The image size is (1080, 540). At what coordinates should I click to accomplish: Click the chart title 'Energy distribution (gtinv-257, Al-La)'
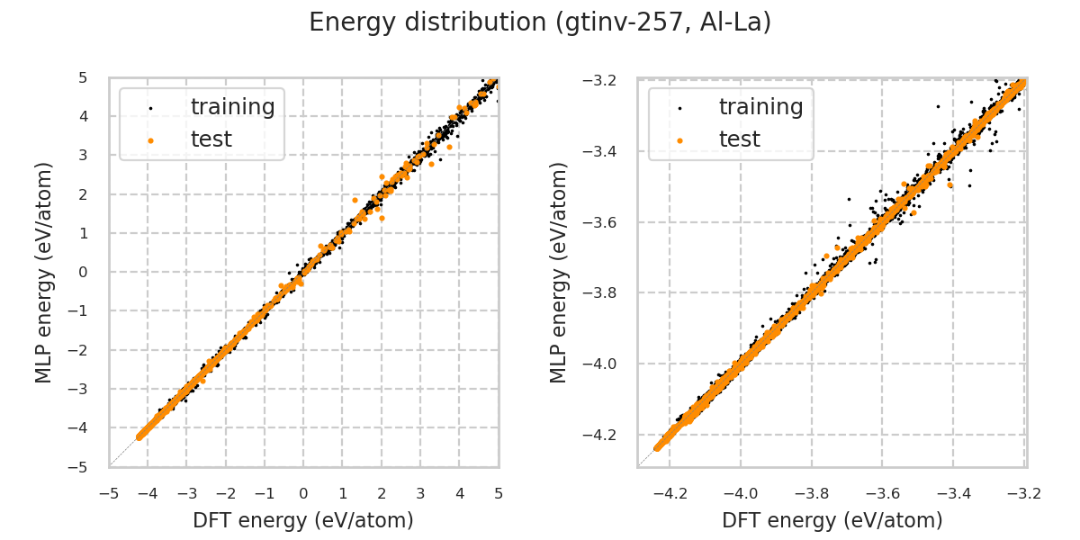540,22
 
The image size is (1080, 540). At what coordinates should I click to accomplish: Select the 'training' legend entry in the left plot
232,107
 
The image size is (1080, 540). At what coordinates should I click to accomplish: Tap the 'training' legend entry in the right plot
760,107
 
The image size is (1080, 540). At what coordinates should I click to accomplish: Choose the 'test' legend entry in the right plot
739,139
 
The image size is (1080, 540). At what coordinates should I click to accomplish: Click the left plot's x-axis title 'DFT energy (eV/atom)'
303,520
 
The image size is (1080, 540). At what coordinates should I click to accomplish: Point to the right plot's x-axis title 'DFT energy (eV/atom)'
832,520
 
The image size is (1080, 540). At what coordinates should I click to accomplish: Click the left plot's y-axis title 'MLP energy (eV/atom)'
45,272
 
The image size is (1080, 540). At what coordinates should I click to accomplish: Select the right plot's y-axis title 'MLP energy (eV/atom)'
560,272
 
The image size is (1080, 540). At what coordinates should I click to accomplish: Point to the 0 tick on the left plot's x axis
303,493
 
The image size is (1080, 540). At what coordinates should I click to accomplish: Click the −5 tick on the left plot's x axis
109,493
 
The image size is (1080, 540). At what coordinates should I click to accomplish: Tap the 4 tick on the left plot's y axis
83,116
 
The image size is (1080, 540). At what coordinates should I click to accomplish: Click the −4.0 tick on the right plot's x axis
741,493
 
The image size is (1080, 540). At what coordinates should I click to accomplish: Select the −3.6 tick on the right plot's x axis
882,493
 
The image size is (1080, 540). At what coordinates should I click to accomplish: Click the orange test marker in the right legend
679,140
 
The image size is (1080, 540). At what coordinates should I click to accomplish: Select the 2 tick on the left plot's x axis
382,493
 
